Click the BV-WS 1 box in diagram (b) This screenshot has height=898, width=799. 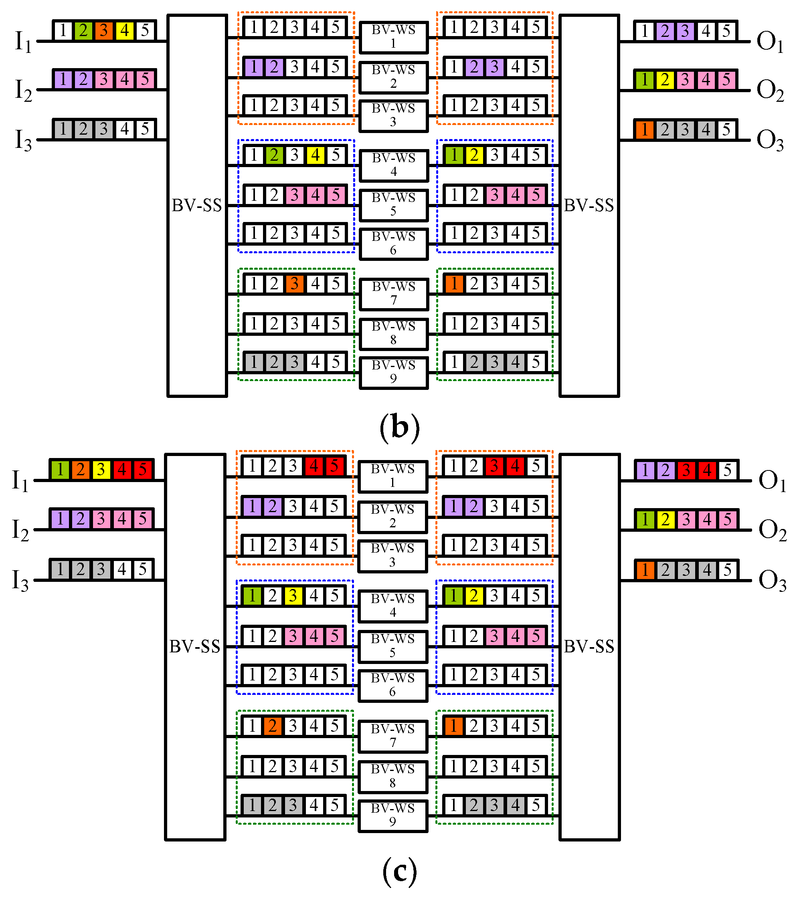tap(393, 37)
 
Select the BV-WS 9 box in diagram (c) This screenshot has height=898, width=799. tap(392, 816)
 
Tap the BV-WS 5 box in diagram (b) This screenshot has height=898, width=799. tap(393, 205)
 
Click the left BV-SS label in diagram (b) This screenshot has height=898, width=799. tap(196, 205)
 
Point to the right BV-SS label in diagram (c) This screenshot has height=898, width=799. tap(589, 646)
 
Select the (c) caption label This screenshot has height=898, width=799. tap(399, 871)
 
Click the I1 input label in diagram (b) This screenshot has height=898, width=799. tap(23, 42)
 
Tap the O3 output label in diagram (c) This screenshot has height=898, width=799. tap(772, 581)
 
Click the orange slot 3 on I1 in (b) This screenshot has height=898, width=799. tap(104, 31)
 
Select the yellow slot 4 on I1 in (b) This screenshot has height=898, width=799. tap(125, 31)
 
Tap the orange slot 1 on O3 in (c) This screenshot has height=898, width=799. tap(645, 570)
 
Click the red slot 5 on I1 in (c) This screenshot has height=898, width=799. tap(143, 470)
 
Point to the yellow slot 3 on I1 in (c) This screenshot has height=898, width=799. tap(101, 470)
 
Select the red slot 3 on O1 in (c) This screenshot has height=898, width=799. tap(686, 470)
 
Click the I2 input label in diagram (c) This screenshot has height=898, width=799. tap(20, 530)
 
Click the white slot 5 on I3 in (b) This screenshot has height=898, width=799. tap(145, 129)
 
